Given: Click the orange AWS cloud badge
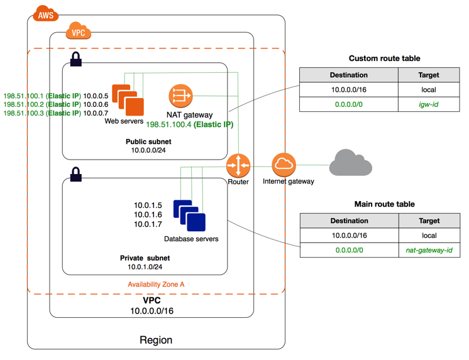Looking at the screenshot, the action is click(45, 13).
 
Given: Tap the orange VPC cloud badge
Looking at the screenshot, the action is click(79, 31).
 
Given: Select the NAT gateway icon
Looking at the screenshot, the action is click(180, 96).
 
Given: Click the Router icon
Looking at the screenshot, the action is click(238, 165).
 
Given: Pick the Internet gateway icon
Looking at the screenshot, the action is click(284, 165).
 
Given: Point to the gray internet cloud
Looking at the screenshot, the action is click(350, 163).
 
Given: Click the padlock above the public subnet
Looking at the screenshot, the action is click(76, 59).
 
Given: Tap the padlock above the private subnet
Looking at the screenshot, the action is click(76, 174).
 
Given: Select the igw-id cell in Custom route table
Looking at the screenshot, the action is click(429, 104).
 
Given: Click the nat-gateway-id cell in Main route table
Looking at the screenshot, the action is click(429, 250).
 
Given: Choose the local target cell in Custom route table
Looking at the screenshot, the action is click(429, 90).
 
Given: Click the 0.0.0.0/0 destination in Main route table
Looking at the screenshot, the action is click(350, 250).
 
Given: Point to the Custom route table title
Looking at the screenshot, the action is click(384, 58).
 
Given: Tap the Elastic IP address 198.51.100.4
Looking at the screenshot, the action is click(168, 124).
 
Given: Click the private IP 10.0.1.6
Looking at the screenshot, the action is click(148, 215).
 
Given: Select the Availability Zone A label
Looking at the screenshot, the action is click(156, 285).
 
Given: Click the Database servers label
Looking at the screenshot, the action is click(191, 239).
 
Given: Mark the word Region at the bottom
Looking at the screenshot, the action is click(156, 341).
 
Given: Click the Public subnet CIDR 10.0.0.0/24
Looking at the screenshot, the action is click(148, 150).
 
